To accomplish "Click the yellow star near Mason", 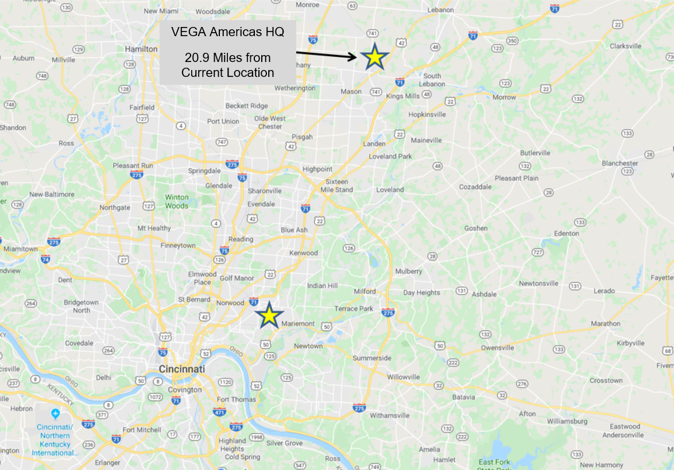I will click(x=374, y=57).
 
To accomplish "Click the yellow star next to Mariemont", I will click(x=269, y=316).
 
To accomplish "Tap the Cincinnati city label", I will click(x=183, y=369).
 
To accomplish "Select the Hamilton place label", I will click(x=141, y=49).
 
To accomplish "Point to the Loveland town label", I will click(x=390, y=189).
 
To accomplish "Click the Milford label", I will click(x=365, y=291).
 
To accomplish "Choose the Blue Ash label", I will click(x=294, y=230).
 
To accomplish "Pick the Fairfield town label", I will click(x=141, y=107).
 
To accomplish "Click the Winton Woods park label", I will click(x=177, y=201).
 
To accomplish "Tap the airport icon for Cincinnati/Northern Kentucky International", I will click(x=55, y=414).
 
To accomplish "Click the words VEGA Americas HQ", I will click(x=227, y=33).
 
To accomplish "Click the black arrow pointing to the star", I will click(x=327, y=55).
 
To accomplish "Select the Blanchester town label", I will click(x=619, y=163).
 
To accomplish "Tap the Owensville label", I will click(x=497, y=348).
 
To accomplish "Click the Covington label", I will click(x=185, y=390).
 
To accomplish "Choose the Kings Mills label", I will click(x=403, y=96).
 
